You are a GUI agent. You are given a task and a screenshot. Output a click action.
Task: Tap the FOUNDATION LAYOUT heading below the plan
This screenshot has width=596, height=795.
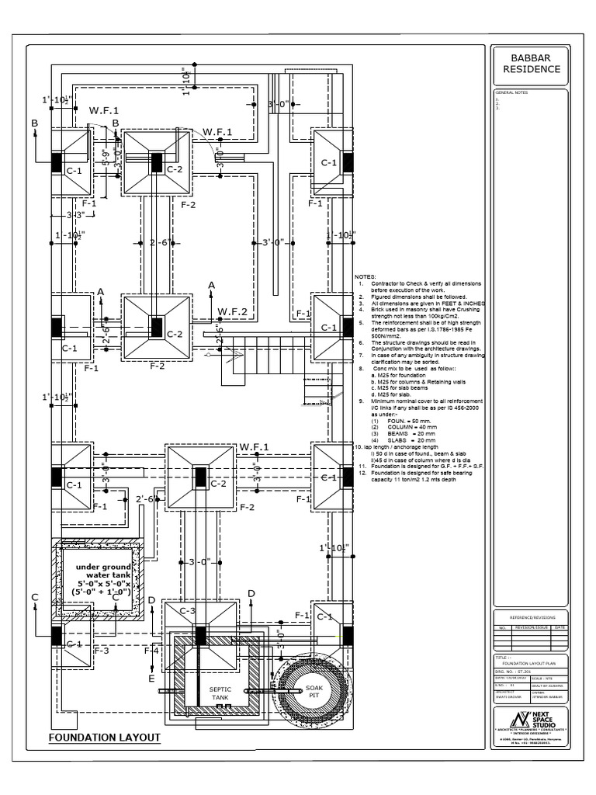[104, 737]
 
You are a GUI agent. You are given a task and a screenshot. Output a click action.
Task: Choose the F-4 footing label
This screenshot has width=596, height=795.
[151, 650]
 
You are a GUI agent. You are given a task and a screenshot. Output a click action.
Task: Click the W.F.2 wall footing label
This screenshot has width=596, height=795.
[232, 311]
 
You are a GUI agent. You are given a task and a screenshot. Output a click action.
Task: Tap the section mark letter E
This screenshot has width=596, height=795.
[151, 678]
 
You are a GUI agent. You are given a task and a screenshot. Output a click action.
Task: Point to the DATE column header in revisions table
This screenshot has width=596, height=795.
[560, 626]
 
